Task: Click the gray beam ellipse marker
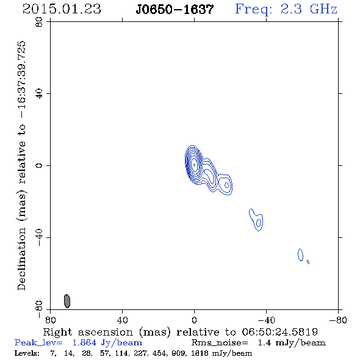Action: pos(67,301)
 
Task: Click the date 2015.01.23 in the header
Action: pos(62,9)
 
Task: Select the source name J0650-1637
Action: pos(175,9)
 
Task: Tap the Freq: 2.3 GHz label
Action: pos(286,9)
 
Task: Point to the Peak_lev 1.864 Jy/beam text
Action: pos(78,342)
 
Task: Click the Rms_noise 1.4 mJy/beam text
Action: pos(259,342)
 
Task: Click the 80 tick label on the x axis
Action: pos(50,320)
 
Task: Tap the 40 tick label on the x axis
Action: pos(122,320)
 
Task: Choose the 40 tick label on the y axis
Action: pos(39,93)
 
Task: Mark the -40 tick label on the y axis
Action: pos(39,237)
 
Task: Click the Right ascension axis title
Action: pos(180,332)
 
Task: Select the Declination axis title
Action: pos(21,165)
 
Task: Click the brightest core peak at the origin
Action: pos(194,165)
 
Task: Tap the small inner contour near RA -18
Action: pos(226,185)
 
